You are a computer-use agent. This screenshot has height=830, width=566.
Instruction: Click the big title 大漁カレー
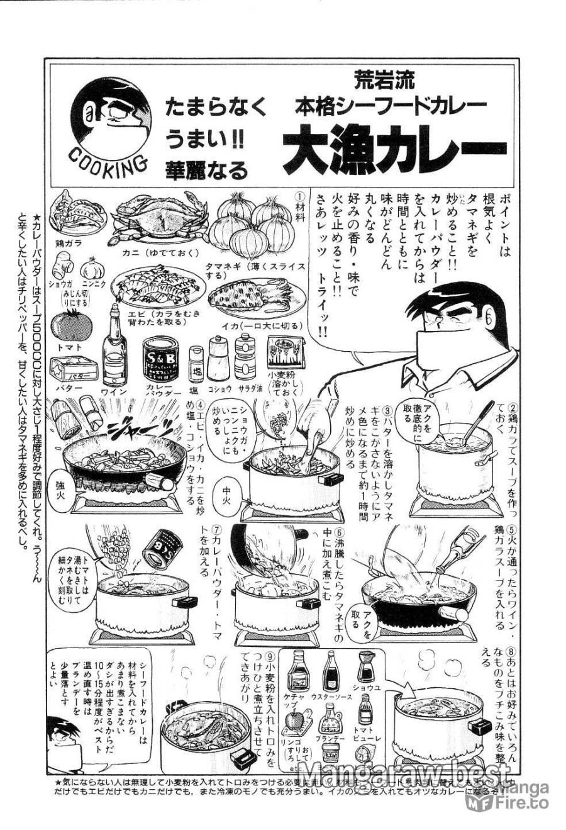pyautogui.click(x=386, y=150)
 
